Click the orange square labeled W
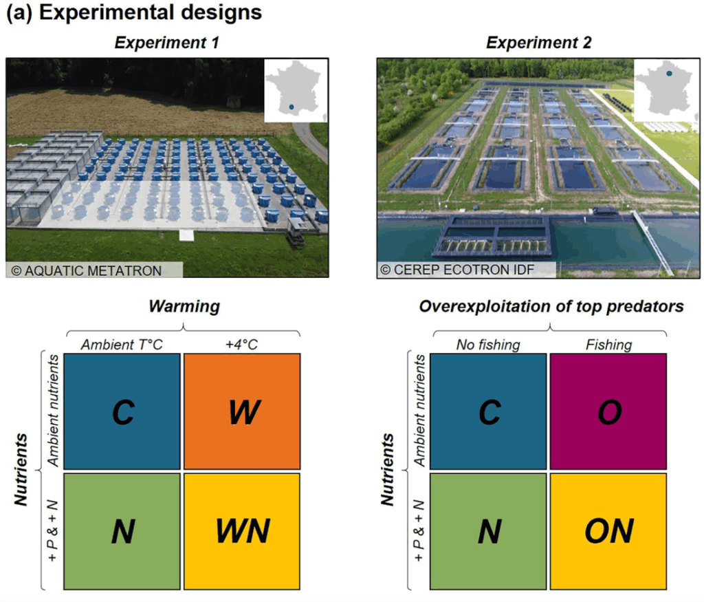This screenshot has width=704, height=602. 241,411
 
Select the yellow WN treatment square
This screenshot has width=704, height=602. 241,530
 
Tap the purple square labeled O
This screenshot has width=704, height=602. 608,411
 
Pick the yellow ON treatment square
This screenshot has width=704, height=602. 608,530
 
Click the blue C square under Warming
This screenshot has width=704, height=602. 122,411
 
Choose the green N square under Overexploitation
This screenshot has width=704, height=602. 488,530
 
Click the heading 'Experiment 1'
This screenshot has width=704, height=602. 166,43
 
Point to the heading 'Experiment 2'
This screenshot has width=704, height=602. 538,43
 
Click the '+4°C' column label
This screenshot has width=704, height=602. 241,345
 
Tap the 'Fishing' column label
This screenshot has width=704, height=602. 608,345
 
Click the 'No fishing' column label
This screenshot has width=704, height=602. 488,345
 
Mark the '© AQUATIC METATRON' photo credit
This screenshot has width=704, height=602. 87,270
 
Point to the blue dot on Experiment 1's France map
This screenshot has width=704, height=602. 291,107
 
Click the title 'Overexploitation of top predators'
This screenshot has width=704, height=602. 551,307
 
